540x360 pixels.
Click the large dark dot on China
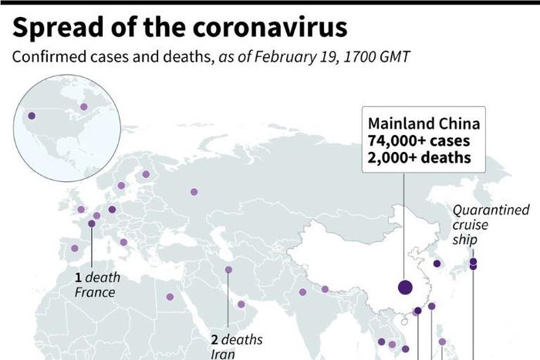pyautogui.click(x=405, y=288)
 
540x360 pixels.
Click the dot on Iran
pyautogui.click(x=228, y=270)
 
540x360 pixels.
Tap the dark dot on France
pyautogui.click(x=92, y=224)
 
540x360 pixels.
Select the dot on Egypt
pyautogui.click(x=170, y=296)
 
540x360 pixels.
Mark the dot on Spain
pyautogui.click(x=75, y=248)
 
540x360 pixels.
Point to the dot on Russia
pyautogui.click(x=194, y=192)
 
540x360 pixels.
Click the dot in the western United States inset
pyautogui.click(x=32, y=117)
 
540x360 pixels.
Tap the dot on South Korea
pyautogui.click(x=437, y=264)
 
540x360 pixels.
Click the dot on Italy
pyautogui.click(x=123, y=242)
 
